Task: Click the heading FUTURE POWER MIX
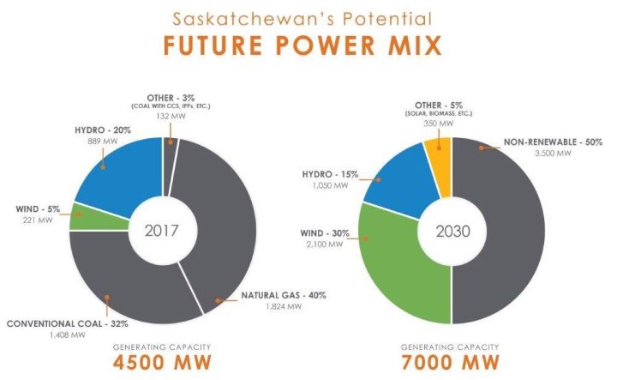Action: pos(308,45)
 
